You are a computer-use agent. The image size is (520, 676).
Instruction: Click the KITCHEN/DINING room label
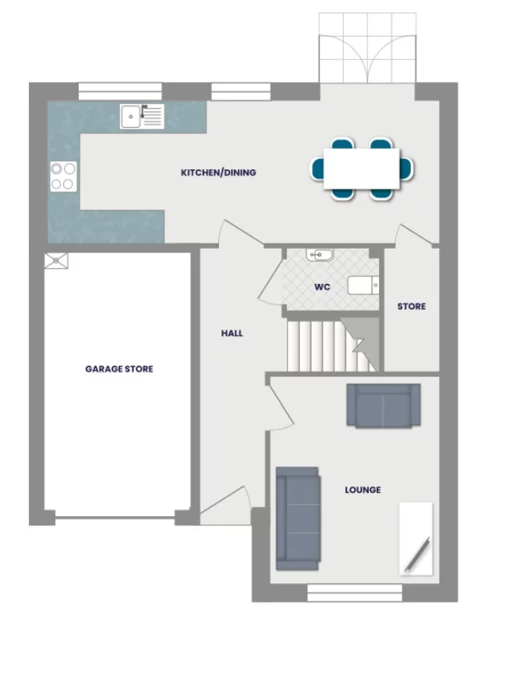(218, 172)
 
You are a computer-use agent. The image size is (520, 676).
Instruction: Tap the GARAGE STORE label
(119, 369)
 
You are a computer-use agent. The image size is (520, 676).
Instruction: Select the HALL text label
(232, 333)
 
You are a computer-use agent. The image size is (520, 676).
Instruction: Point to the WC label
(322, 287)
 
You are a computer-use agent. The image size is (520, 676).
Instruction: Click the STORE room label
(412, 306)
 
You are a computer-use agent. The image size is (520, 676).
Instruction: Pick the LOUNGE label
(363, 490)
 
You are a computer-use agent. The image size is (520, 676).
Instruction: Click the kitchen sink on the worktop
(141, 116)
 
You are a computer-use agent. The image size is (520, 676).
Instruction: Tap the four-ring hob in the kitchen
(63, 175)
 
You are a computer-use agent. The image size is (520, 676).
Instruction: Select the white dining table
(363, 168)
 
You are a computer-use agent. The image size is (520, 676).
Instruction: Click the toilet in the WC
(363, 285)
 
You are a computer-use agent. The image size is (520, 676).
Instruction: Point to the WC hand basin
(320, 254)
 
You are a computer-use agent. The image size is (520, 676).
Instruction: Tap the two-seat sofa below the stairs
(383, 405)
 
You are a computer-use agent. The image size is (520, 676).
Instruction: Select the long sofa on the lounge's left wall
(297, 516)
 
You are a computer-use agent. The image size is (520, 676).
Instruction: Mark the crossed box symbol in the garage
(57, 260)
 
